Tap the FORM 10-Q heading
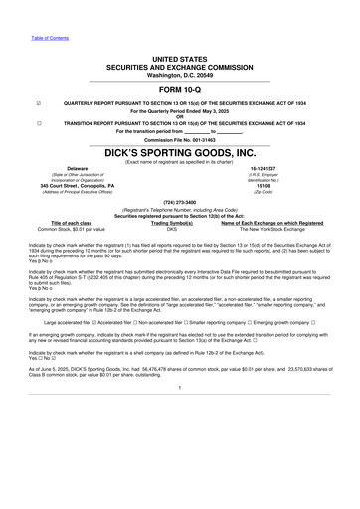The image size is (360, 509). [180, 87]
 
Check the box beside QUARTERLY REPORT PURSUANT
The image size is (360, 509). [38, 101]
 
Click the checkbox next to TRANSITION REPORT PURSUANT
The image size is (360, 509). [38, 121]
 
